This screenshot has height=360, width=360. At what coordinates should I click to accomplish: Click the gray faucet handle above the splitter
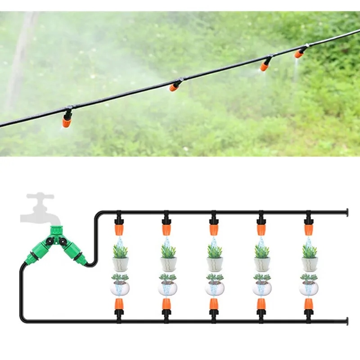click(x=40, y=196)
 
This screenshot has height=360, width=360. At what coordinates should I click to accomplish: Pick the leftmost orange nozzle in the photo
click(x=67, y=121)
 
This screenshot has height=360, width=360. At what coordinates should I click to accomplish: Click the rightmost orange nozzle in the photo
click(x=299, y=54)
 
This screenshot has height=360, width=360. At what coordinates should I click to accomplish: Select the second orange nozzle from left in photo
click(x=173, y=86)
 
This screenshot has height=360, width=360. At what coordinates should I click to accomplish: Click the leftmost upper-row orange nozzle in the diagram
click(x=119, y=229)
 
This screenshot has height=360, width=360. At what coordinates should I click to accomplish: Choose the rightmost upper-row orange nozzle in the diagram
click(x=308, y=229)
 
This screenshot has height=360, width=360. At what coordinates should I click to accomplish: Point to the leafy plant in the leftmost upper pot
click(x=120, y=251)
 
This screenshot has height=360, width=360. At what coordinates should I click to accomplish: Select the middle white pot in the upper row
click(x=214, y=264)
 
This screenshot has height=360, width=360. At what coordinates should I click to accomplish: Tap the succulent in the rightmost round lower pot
click(x=309, y=278)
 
